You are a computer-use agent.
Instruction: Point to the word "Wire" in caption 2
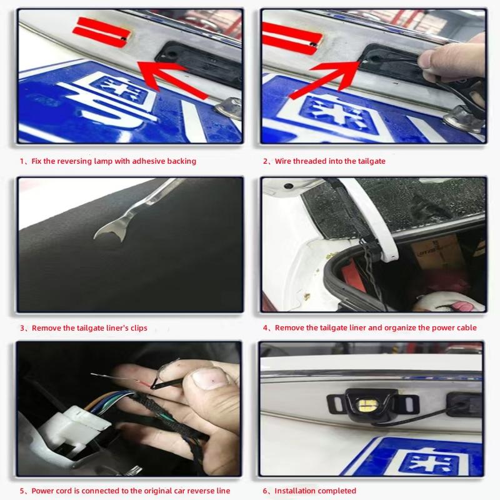point(285,161)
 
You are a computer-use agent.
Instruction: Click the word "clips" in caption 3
point(137,328)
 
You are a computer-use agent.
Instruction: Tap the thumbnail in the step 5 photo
point(207,379)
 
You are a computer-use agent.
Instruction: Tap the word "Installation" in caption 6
point(296,491)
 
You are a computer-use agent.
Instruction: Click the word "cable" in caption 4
point(466,328)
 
